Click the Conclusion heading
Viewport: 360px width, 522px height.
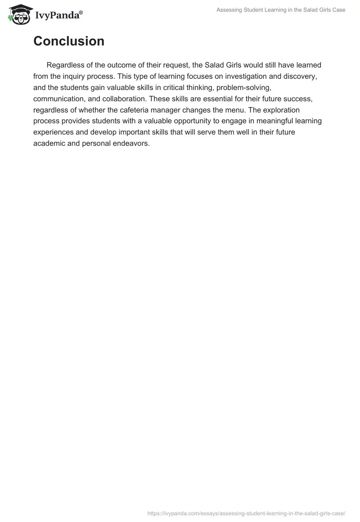pos(69,41)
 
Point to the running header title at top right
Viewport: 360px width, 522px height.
pos(281,10)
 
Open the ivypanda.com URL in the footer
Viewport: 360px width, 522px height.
pos(246,513)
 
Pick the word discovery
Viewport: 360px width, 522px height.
pos(299,76)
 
